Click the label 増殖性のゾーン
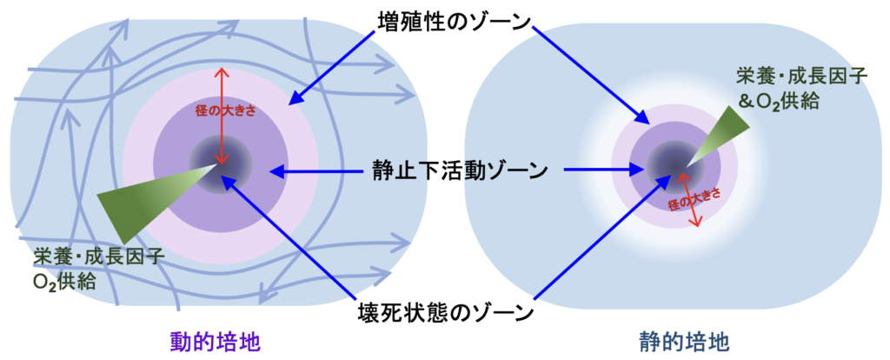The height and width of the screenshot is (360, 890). coord(455,22)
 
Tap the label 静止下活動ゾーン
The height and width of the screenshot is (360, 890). coord(459,170)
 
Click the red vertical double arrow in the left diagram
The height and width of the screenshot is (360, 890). coord(222,116)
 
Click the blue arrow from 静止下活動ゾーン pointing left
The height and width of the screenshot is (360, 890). coord(319,170)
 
